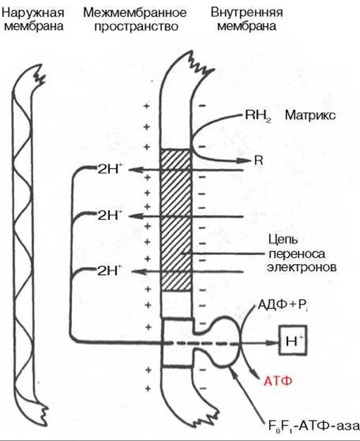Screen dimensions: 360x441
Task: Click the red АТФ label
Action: coord(278,381)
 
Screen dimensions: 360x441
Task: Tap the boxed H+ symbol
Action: coord(293,340)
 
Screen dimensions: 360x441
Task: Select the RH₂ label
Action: coord(258,116)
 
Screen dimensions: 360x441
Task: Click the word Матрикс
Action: coord(310,116)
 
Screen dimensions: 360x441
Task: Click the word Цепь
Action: coord(283,240)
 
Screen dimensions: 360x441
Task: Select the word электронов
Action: coord(302,267)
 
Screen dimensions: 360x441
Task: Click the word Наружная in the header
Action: coord(33,13)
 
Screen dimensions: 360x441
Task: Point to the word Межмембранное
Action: coord(135,13)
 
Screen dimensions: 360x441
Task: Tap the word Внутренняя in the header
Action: coord(247,13)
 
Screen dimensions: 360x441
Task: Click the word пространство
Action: coord(137,27)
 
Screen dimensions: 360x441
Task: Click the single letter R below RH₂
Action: coord(259,161)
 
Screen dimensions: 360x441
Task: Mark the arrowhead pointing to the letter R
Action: coord(244,161)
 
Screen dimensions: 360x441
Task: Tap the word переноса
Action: coord(297,254)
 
